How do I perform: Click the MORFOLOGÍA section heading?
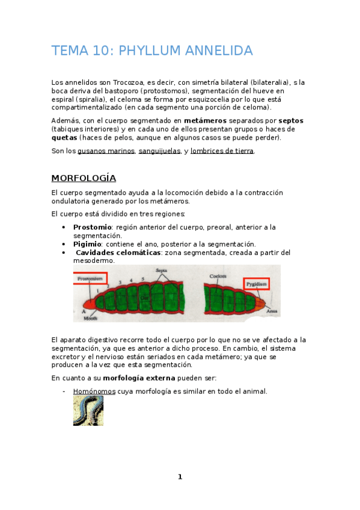tap(84, 178)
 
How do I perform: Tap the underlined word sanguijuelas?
tap(159, 151)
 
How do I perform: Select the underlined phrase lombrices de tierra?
tap(222, 151)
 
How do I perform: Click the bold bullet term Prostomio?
tap(93, 227)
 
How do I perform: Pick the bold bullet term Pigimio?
tap(87, 244)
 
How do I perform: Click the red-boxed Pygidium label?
tap(256, 282)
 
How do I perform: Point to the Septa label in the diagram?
tap(162, 271)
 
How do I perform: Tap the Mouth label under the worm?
tap(91, 318)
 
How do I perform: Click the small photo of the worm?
tap(88, 411)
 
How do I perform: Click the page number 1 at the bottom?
tap(180, 477)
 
